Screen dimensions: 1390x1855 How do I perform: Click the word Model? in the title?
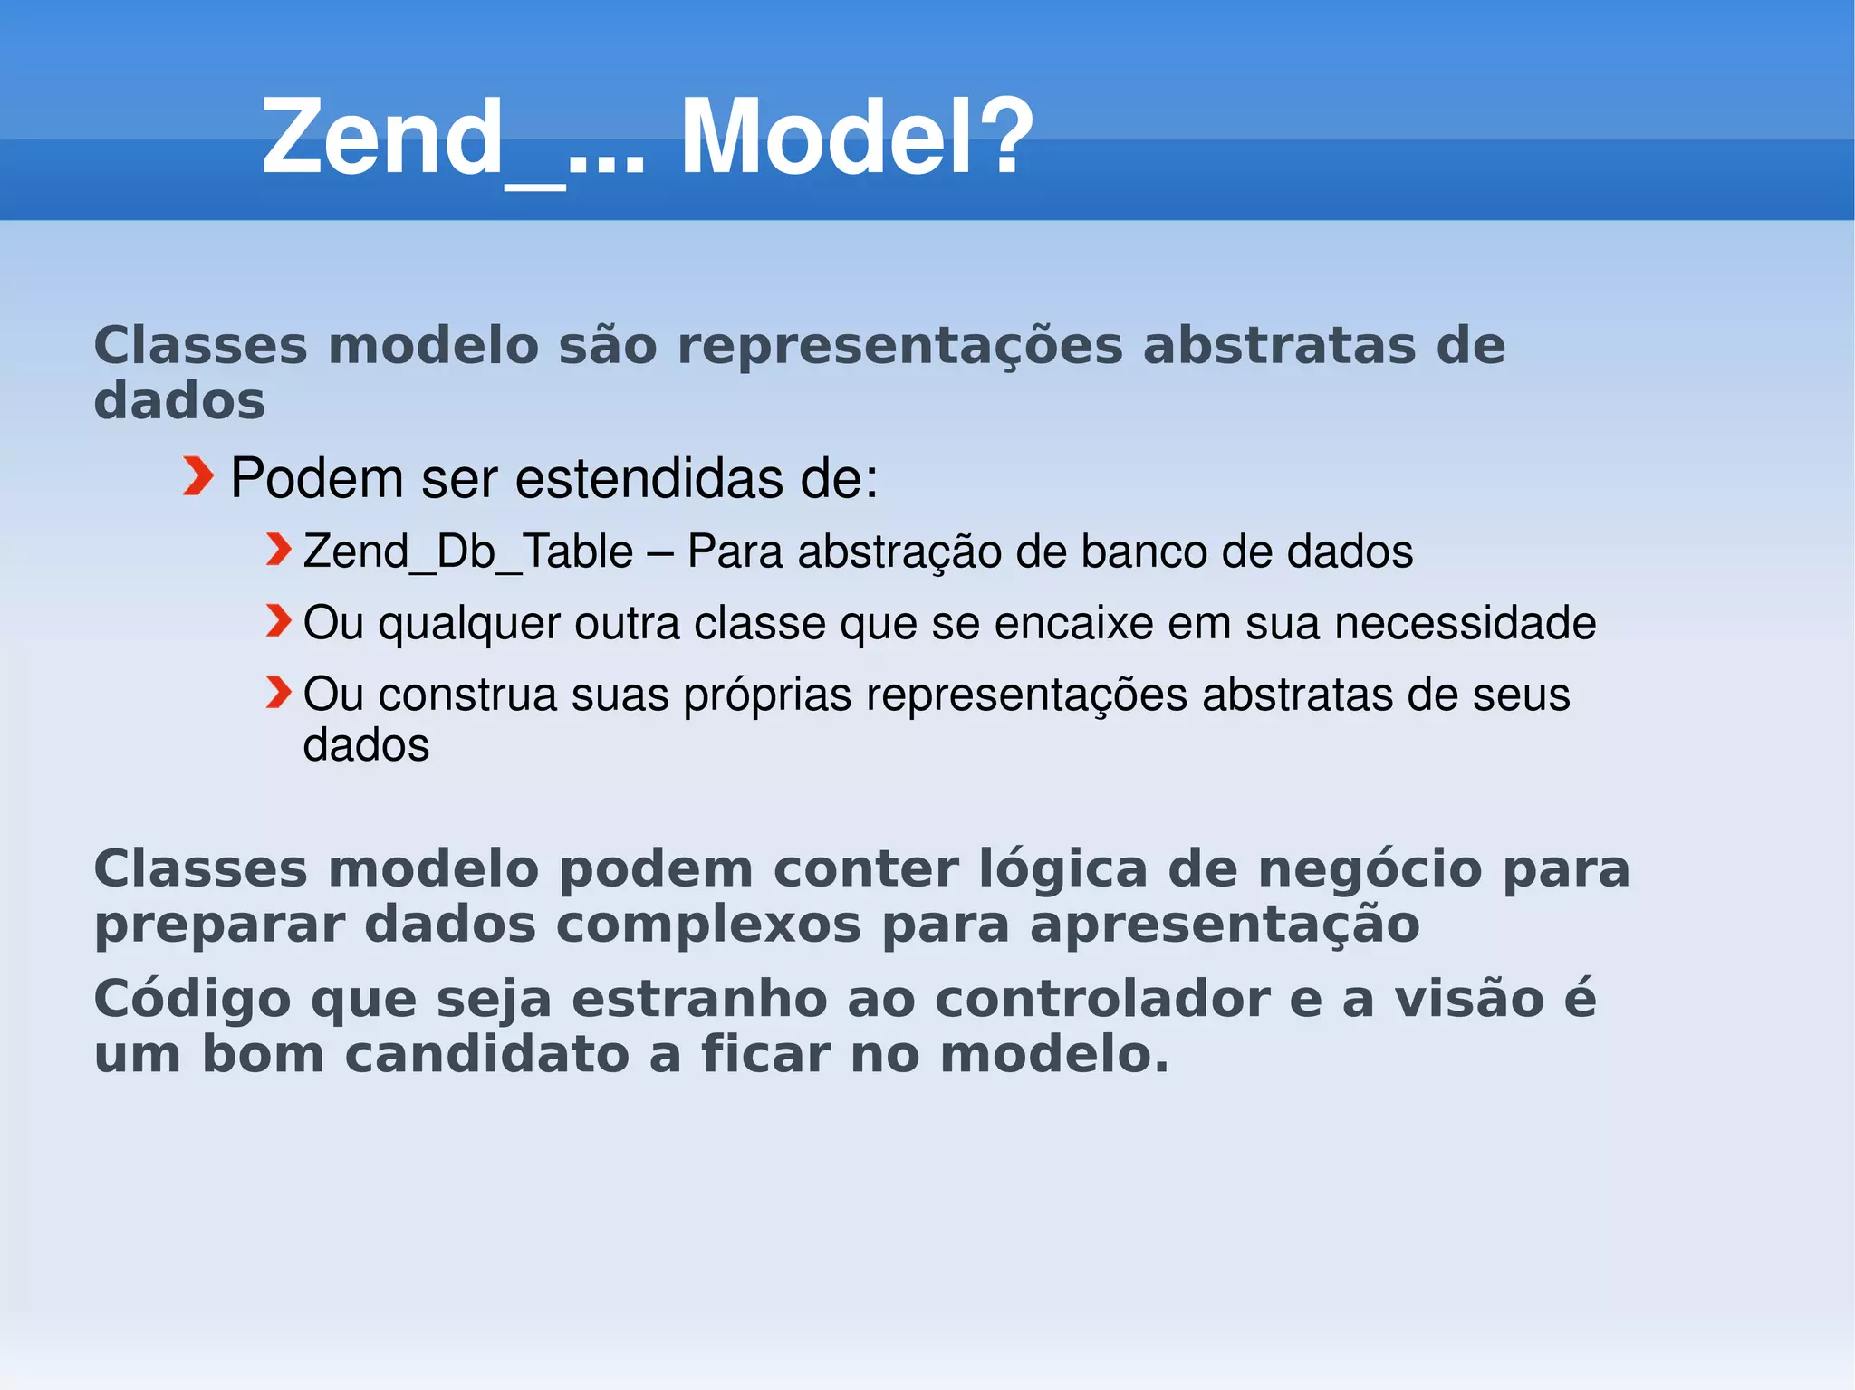click(x=856, y=138)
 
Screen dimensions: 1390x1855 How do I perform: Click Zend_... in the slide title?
click(x=453, y=138)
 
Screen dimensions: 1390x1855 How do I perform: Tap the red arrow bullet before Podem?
click(x=197, y=477)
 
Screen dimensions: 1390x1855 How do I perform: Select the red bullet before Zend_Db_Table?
click(x=279, y=550)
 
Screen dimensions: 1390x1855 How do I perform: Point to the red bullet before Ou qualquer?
click(x=279, y=621)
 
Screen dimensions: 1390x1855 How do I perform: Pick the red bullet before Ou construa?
click(x=279, y=693)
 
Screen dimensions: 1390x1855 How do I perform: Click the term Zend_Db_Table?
click(x=468, y=551)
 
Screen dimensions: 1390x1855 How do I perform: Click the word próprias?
click(x=767, y=695)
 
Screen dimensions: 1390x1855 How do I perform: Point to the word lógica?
click(x=1063, y=869)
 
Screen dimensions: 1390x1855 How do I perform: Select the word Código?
click(x=192, y=1001)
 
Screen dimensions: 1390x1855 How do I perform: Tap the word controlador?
click(x=1102, y=999)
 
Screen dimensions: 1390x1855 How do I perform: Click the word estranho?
click(x=699, y=999)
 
